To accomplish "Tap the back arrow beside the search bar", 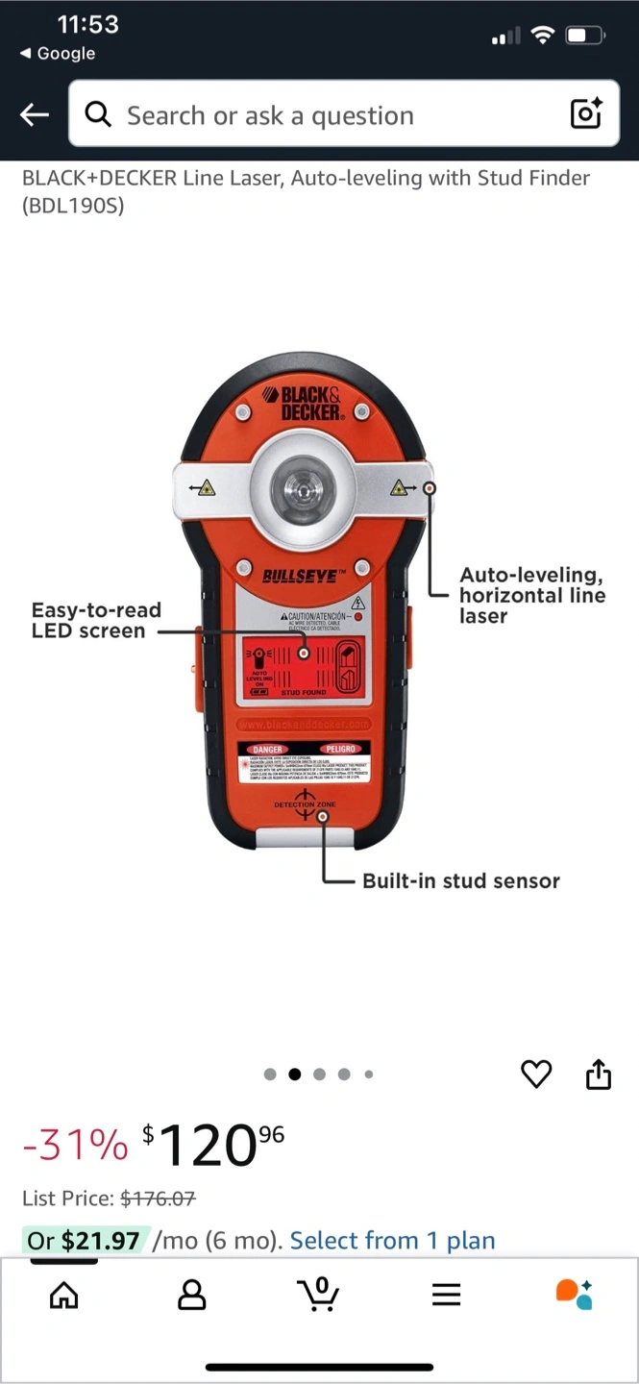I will tap(35, 115).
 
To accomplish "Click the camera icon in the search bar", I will tap(586, 113).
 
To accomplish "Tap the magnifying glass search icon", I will tap(98, 115).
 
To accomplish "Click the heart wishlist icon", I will tap(536, 1074).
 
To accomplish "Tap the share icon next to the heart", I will tap(599, 1074).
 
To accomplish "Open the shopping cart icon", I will tap(318, 1294).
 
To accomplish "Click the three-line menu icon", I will tap(446, 1295).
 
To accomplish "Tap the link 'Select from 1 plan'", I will tap(392, 1240).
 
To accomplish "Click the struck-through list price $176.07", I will tap(158, 1199).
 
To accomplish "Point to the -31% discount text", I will tap(75, 1145).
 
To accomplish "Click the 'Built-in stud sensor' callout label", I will tap(460, 880).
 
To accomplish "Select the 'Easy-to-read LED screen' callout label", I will tap(96, 620).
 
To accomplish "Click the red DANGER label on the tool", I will tap(268, 749).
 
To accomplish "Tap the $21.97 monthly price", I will tap(100, 1240).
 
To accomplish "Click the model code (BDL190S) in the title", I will tap(73, 206).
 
